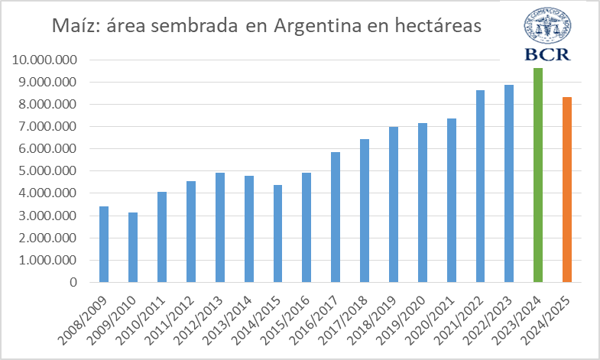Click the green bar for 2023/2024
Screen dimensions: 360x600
[538, 175]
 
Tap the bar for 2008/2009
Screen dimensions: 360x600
[104, 244]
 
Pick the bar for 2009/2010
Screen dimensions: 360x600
[133, 247]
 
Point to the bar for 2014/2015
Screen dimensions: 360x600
[277, 233]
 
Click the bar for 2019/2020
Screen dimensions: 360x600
[423, 203]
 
